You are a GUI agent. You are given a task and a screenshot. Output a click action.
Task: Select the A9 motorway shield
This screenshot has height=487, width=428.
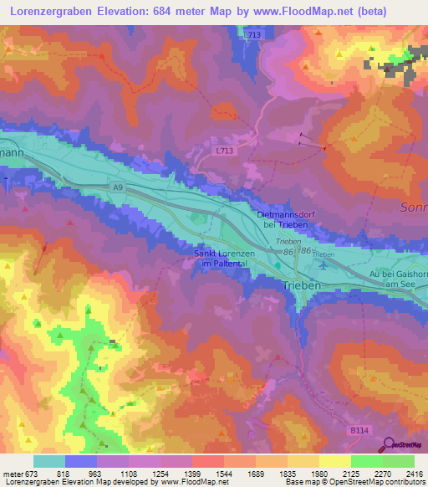[x=120, y=188]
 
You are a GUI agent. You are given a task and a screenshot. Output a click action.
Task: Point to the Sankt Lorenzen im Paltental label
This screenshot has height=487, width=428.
[x=223, y=259]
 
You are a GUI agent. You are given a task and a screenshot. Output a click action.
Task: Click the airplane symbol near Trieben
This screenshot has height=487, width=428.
[x=324, y=265]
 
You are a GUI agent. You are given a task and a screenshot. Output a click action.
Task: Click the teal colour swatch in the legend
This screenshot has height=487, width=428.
[x=48, y=461]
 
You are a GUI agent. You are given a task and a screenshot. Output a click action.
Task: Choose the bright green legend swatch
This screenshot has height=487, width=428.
[x=366, y=461]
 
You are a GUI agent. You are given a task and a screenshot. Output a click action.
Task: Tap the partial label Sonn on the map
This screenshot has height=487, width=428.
[x=415, y=205]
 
